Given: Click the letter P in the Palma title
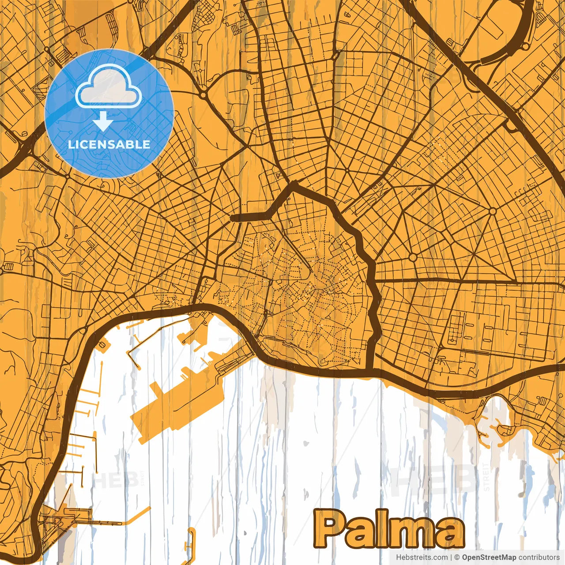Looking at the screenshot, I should pos(332,529).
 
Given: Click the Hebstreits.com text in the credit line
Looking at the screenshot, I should pos(422,557).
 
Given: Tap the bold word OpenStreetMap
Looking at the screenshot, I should pos(489,557).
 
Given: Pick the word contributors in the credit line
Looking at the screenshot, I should pos(539,557).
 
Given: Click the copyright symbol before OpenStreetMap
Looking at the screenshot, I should pos(457,557).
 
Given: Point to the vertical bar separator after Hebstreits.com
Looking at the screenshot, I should pos(451,557).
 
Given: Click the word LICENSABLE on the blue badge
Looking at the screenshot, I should pos(109,144).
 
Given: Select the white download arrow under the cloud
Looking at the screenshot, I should pos(103,121).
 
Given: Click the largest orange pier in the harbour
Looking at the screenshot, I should pos(177,406).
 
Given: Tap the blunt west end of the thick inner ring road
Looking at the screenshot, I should pos(232,217).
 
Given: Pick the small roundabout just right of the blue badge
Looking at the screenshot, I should pos(203,94).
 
